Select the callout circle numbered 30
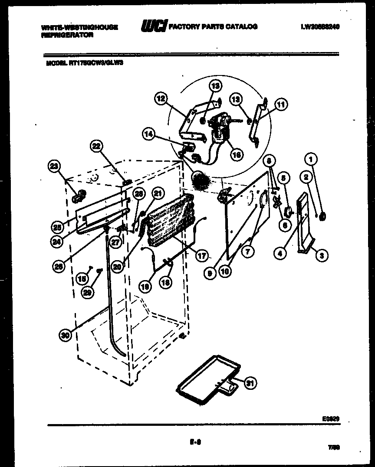coord(65,334)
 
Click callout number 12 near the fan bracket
coord(161,99)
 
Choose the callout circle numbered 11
coord(281,104)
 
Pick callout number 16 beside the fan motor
coord(237,153)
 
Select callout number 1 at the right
coord(310,159)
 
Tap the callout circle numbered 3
coord(322,256)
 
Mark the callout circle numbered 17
coord(202,255)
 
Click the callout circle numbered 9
coord(210,273)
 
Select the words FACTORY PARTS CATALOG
coord(213,27)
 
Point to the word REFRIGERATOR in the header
coord(67,35)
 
